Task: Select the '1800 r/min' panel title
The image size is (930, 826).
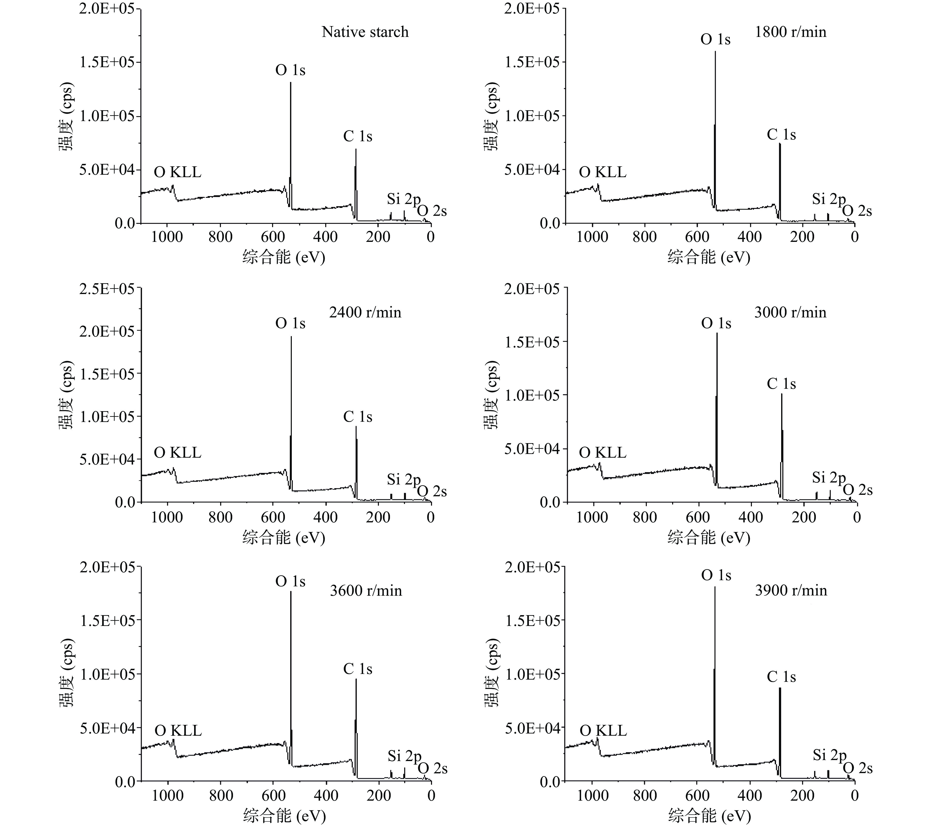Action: [x=790, y=32]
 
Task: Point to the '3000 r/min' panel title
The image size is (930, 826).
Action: [x=790, y=312]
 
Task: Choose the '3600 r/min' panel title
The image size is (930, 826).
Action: [x=366, y=591]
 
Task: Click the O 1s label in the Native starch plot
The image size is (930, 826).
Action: [x=290, y=70]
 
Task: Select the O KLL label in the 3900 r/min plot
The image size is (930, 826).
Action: [x=603, y=731]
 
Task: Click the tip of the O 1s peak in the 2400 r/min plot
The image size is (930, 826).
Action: [x=291, y=337]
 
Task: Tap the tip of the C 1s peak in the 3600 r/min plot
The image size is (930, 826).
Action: [x=356, y=679]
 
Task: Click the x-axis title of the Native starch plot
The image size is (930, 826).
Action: [x=283, y=258]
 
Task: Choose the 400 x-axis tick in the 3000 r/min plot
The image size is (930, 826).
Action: [x=750, y=517]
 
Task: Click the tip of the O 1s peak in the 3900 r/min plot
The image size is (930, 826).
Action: [x=715, y=587]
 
